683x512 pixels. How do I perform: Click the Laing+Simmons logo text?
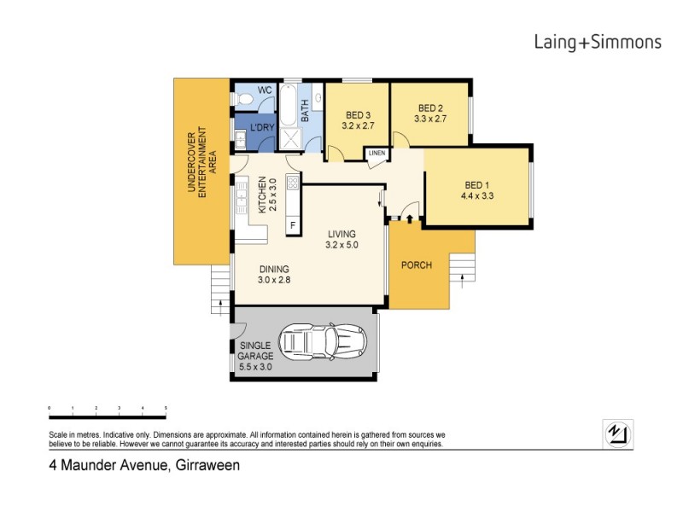597,42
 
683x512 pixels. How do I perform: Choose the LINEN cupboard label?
377,154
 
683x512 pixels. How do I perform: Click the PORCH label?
417,265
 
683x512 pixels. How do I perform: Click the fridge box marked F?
293,225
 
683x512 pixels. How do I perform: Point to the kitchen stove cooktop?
292,182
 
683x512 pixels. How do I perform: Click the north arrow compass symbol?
617,433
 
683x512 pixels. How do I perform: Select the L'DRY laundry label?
261,129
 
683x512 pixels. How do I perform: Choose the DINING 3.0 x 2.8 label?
275,274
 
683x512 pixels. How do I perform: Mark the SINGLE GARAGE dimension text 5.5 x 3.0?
254,367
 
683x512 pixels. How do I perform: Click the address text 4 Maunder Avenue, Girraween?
143,466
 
